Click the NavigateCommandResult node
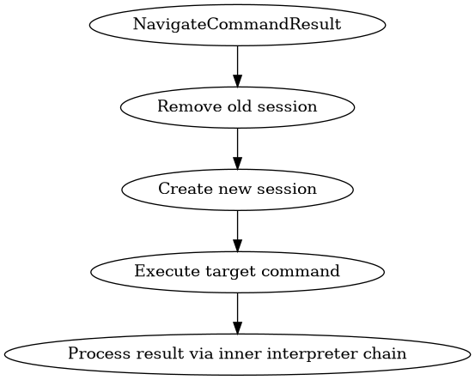237,24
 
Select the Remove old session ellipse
237,106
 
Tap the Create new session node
237,189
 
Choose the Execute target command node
237,271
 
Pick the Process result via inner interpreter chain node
237,353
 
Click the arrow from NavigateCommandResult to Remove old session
237,65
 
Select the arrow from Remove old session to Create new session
237,148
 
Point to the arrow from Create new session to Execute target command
237,230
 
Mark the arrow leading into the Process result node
237,312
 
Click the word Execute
161,272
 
